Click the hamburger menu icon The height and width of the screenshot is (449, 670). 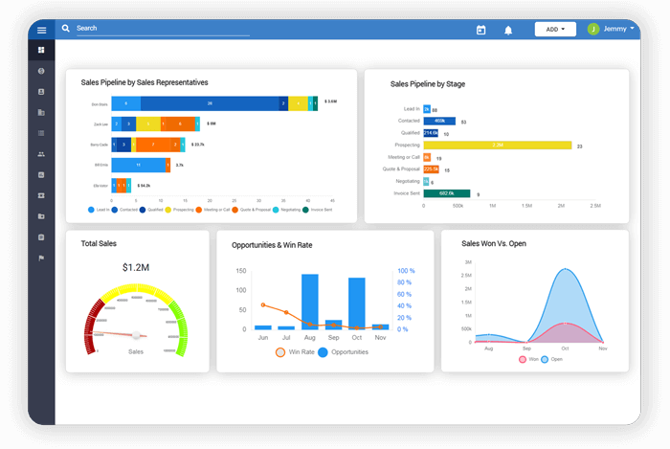(41, 30)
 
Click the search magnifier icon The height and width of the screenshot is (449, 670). (66, 29)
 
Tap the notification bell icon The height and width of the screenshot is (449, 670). (508, 30)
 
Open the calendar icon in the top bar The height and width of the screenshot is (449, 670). (481, 30)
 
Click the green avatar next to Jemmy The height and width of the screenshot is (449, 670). (593, 29)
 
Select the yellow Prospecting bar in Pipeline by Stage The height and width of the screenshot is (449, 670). (497, 145)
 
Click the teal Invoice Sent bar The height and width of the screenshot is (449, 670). (445, 192)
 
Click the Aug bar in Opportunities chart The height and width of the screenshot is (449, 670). (310, 302)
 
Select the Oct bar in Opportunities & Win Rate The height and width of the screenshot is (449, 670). (357, 303)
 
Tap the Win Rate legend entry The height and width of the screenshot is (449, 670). (294, 352)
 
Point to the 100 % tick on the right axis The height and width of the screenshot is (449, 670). (406, 271)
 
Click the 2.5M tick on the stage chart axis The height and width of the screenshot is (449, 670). (594, 206)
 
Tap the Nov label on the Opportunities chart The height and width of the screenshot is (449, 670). (380, 338)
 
